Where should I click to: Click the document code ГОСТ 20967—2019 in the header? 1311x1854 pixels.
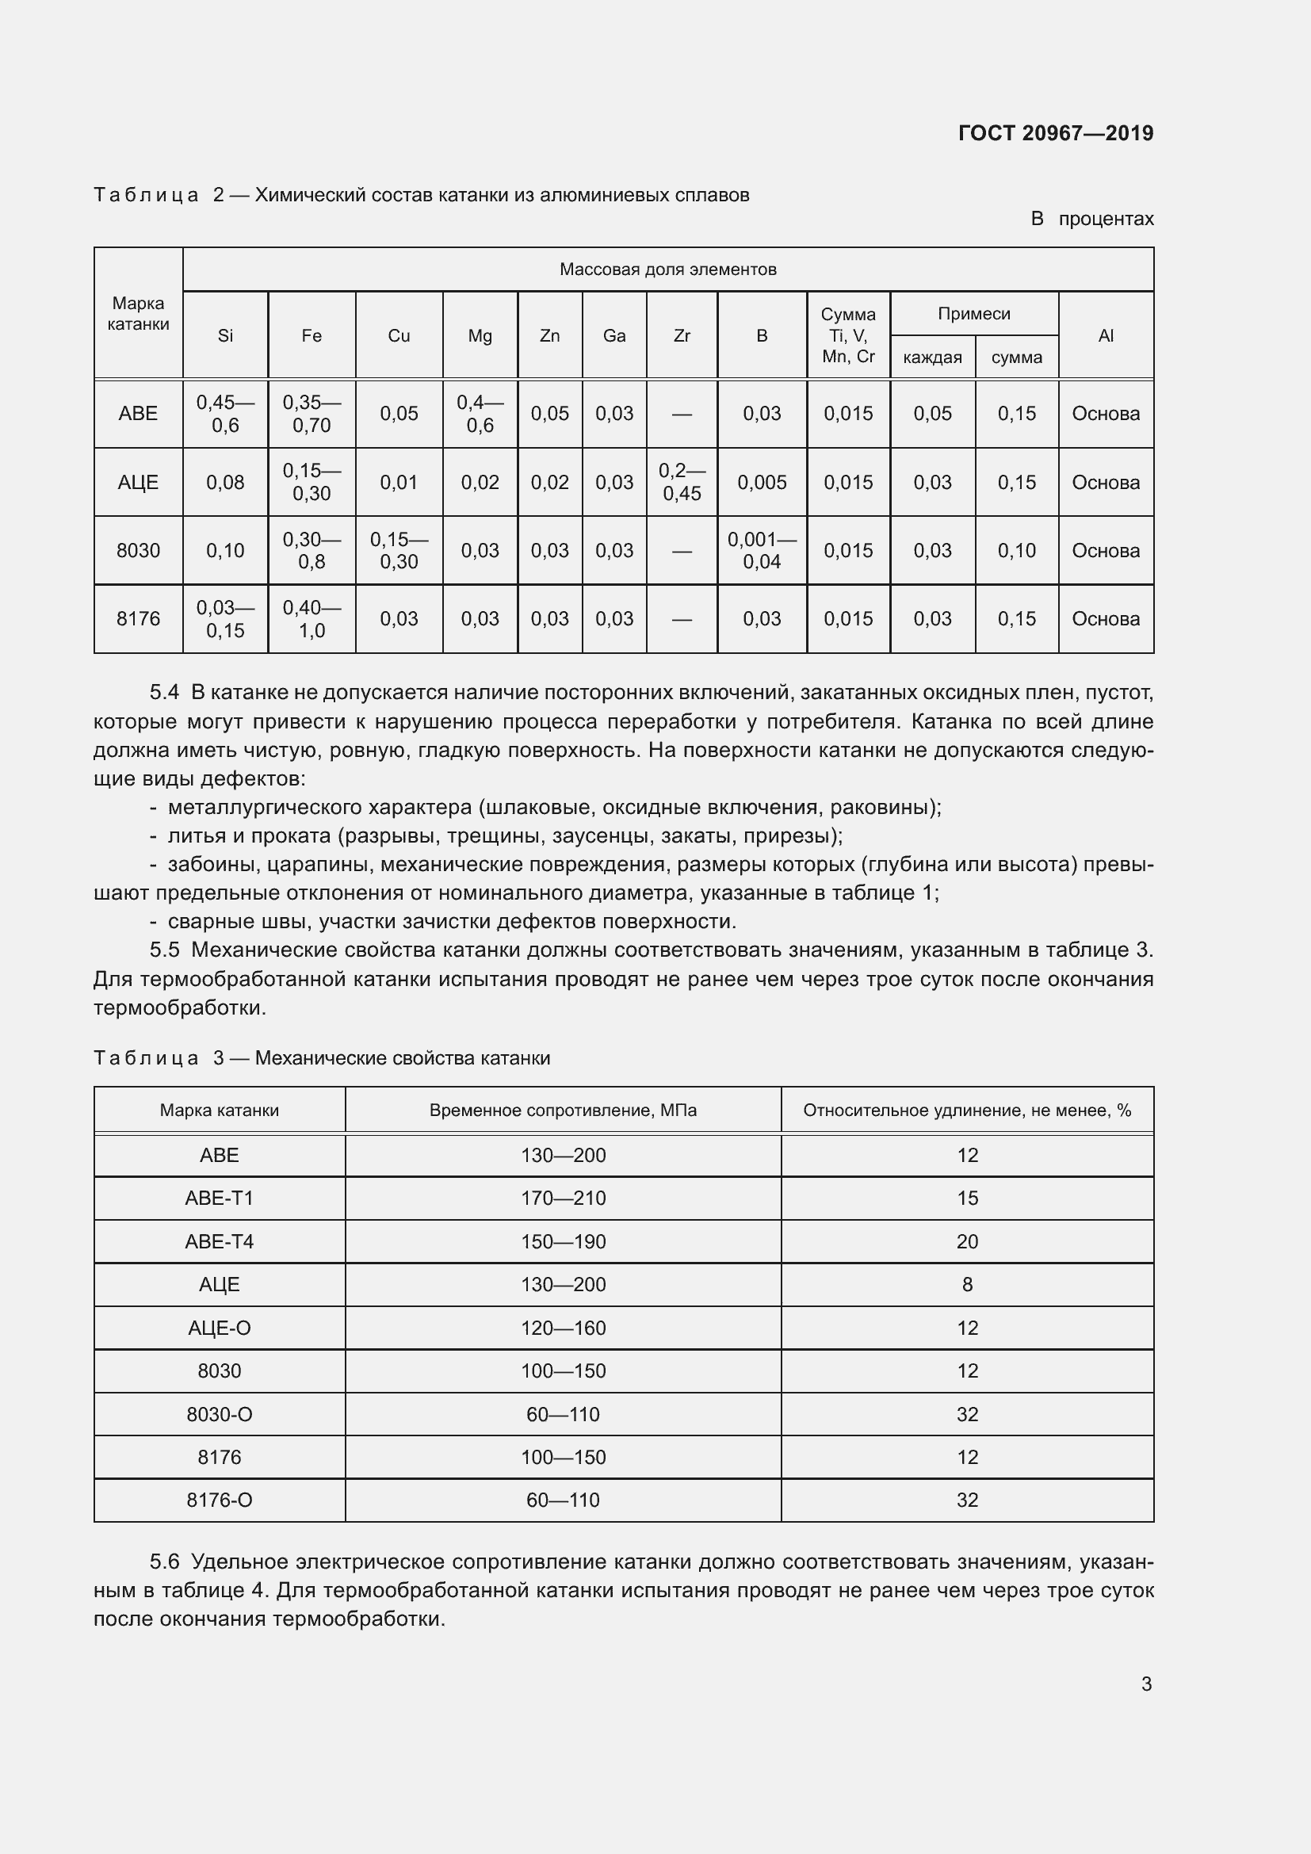1055,133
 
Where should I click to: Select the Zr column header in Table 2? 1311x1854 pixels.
682,336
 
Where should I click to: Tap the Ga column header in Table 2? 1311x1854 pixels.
613,336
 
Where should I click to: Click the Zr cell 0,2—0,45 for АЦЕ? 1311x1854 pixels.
682,482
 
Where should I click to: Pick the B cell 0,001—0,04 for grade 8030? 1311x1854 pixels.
761,551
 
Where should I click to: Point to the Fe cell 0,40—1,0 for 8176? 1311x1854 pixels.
312,619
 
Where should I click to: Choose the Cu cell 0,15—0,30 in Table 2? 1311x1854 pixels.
399,551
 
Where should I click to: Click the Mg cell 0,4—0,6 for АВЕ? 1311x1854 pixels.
480,414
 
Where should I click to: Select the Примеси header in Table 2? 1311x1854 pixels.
973,313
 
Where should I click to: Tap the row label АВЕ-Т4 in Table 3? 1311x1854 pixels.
219,1241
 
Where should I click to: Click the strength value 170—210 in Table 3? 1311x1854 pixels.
563,1198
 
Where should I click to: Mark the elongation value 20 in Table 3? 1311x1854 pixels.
966,1241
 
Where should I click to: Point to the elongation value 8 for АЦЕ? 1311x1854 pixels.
966,1285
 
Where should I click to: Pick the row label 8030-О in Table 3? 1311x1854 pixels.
219,1414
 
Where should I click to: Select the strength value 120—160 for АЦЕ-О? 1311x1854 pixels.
563,1328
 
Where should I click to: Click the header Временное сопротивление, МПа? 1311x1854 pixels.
563,1110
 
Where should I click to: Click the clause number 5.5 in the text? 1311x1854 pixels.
164,950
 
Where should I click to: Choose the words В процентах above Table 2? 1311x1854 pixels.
1091,219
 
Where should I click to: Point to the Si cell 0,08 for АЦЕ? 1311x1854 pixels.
224,482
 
